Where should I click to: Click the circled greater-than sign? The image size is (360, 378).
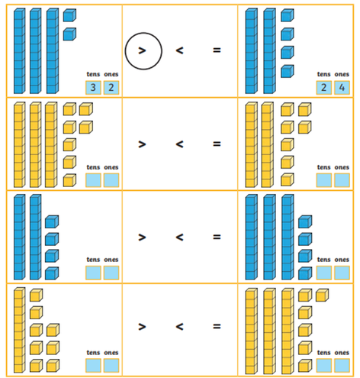tap(142, 50)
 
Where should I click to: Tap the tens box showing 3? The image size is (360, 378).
tap(93, 88)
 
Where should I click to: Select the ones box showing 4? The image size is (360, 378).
tap(342, 88)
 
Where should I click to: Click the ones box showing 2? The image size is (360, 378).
tap(111, 88)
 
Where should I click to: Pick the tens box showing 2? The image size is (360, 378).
tap(324, 88)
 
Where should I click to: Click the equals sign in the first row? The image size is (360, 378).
tap(217, 50)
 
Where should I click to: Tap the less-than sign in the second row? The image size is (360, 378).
tap(179, 144)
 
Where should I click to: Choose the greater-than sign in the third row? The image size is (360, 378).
tap(142, 237)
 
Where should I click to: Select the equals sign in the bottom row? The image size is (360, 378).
tap(217, 326)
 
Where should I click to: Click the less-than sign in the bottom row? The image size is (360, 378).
tap(179, 326)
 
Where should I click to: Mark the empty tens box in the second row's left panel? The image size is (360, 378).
tap(93, 180)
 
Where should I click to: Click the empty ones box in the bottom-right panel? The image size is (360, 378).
tap(342, 366)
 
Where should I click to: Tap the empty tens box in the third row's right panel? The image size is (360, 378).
tap(324, 273)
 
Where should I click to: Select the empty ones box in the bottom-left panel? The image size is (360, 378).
tap(111, 366)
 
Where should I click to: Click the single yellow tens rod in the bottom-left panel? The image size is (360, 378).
tap(20, 330)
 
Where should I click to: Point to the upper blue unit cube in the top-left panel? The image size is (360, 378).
tap(69, 15)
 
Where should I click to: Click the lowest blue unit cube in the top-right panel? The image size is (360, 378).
tap(288, 71)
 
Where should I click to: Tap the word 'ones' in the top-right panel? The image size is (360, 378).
tap(342, 74)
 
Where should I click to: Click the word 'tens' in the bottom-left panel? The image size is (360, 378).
tap(93, 353)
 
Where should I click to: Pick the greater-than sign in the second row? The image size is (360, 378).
tap(142, 144)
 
